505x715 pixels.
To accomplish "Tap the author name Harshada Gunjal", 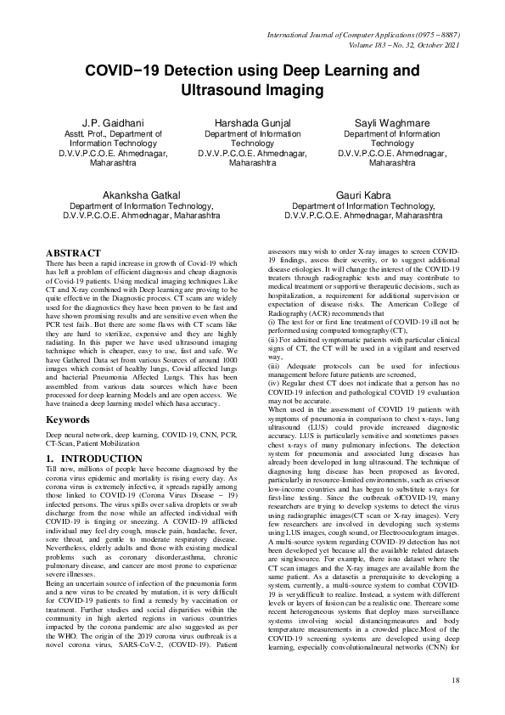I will (x=252, y=123).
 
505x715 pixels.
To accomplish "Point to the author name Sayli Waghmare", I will (x=391, y=123).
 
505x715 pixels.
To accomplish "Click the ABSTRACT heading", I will (x=73, y=254).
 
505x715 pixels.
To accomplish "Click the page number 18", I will (x=455, y=681).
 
